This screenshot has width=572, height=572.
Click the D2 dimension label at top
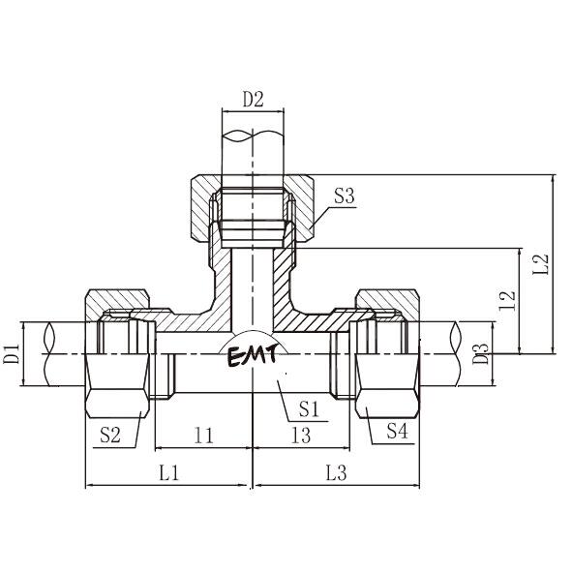click(x=254, y=100)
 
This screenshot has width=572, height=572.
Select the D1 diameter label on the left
click(x=12, y=354)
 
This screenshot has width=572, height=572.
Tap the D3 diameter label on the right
click(x=480, y=354)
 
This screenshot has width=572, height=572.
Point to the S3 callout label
click(x=345, y=196)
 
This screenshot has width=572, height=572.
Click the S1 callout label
click(x=309, y=409)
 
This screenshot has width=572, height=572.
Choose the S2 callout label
click(x=110, y=435)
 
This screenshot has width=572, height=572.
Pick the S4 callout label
click(x=397, y=431)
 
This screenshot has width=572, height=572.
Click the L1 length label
click(x=169, y=473)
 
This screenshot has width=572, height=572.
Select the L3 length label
click(x=336, y=473)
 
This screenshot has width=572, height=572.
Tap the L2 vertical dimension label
click(x=541, y=264)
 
